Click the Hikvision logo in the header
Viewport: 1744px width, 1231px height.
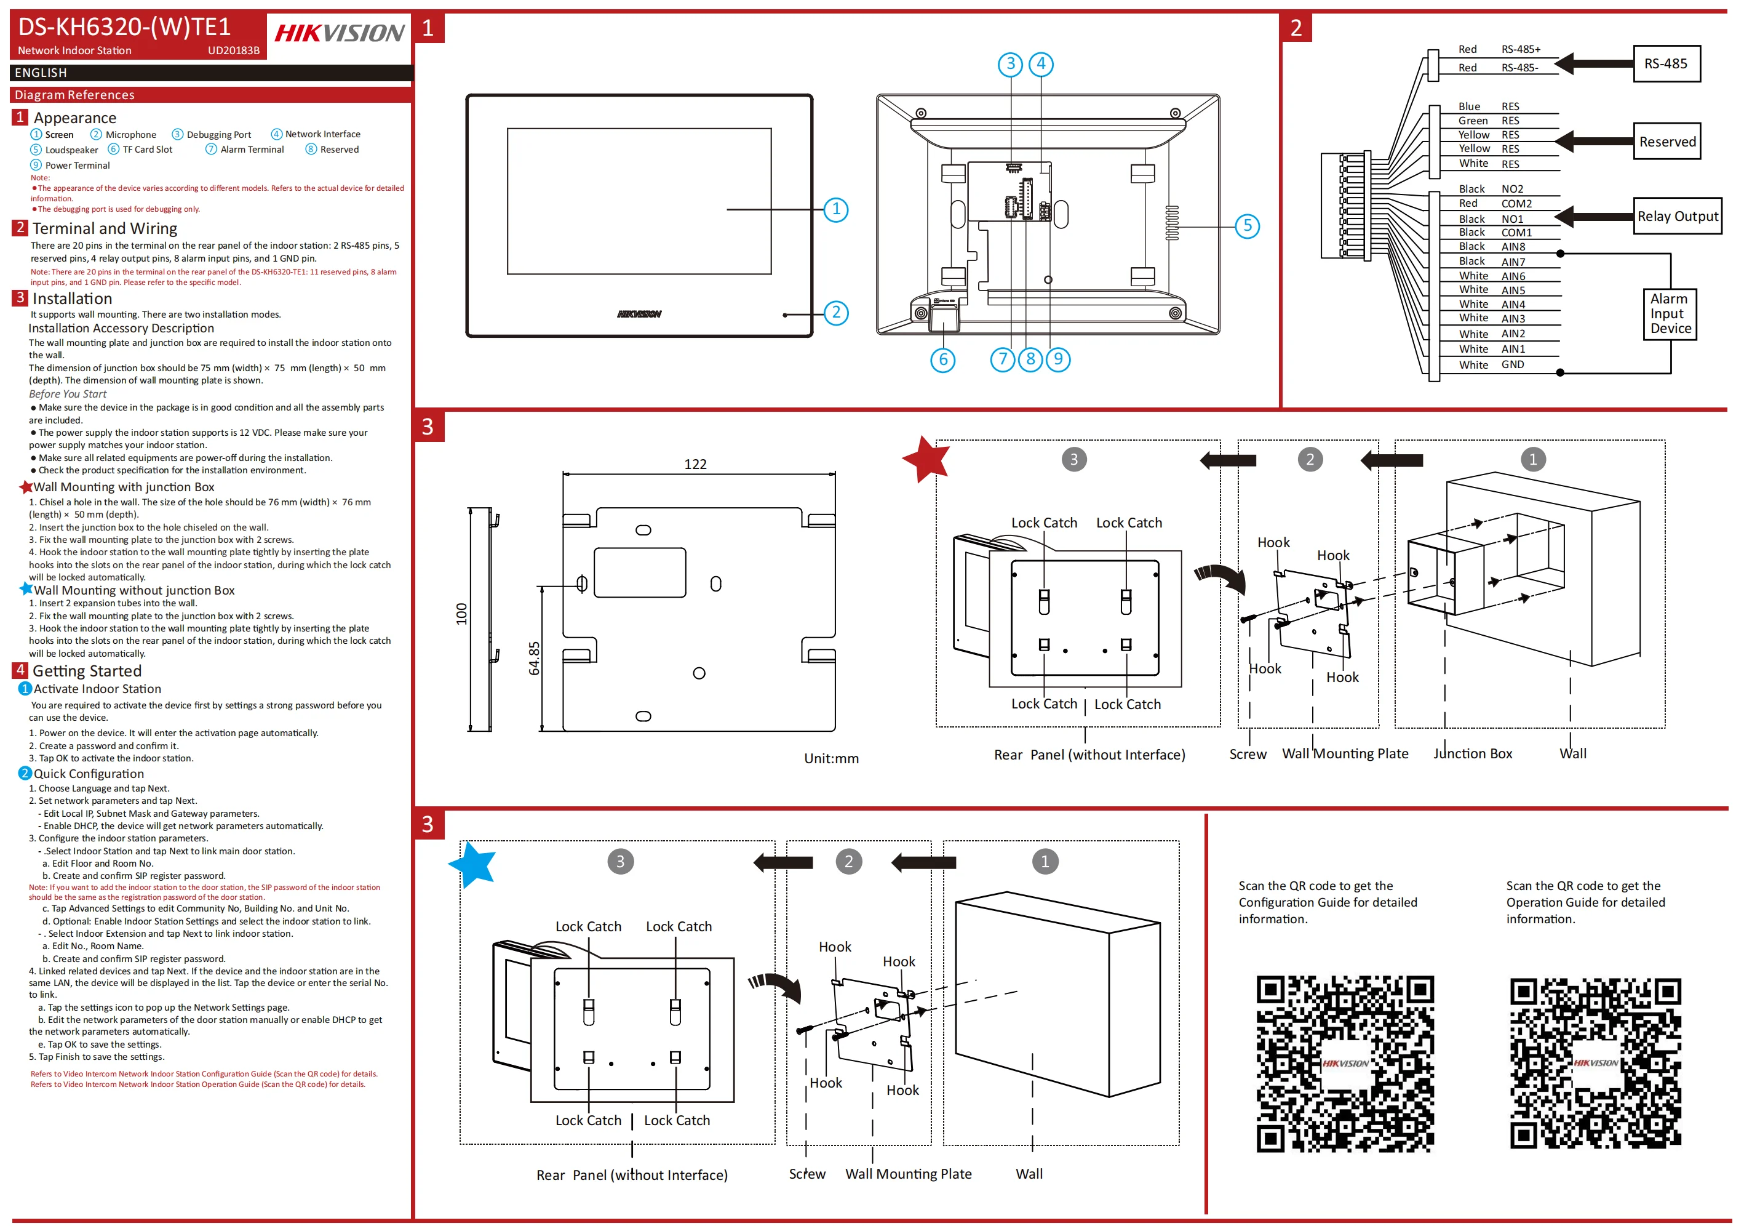tap(339, 33)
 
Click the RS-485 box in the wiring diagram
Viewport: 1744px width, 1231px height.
tap(1666, 64)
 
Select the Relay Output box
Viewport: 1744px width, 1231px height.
tap(1677, 217)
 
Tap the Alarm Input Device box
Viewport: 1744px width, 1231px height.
tap(1670, 314)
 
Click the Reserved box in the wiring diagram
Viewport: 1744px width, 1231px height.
tap(1666, 142)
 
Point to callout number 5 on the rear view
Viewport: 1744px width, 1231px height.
tap(1247, 226)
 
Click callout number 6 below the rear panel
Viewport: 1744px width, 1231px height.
tap(942, 359)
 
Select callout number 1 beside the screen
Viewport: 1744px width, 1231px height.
tap(836, 209)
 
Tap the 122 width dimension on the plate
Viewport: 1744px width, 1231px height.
tap(695, 464)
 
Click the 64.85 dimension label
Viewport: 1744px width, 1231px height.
tap(534, 658)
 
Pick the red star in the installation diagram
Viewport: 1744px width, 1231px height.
tap(926, 460)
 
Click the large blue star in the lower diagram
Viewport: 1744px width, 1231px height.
tap(472, 864)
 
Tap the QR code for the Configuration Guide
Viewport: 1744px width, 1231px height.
tap(1345, 1063)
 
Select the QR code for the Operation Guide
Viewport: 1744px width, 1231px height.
tap(1595, 1063)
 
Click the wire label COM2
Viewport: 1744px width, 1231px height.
tap(1516, 204)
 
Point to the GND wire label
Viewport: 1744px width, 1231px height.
tap(1512, 365)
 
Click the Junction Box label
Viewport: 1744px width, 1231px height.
tap(1472, 754)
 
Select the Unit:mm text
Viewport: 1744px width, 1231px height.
tap(831, 758)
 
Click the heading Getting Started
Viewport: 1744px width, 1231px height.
tap(87, 671)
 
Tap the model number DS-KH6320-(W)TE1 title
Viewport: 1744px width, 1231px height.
tap(124, 27)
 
